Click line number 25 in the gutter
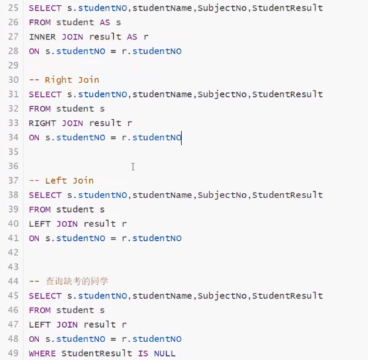pos(14,9)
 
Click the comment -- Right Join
pos(64,80)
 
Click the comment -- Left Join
pos(61,181)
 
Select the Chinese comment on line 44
pos(77,282)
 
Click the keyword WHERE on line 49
pos(42,354)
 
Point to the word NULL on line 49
pos(165,354)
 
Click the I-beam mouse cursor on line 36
pos(133,167)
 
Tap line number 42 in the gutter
pos(14,253)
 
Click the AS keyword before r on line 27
pos(132,37)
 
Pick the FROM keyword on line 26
pos(39,23)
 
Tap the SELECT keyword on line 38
pos(45,195)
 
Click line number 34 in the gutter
pos(14,138)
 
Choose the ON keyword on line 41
pos(34,238)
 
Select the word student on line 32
pos(75,109)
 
